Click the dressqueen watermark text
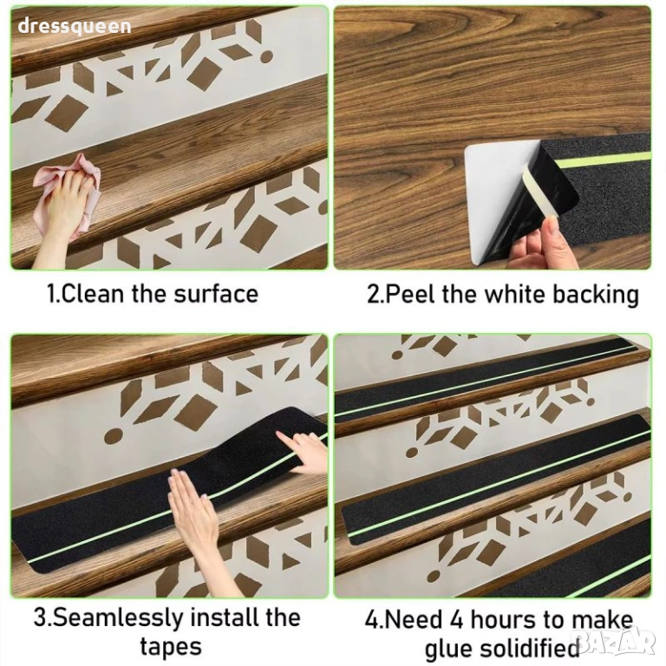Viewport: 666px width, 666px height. pos(75,26)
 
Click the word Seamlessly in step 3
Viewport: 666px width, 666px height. pos(118,618)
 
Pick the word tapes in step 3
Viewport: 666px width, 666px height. pos(171,647)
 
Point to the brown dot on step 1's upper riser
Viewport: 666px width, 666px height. pos(266,57)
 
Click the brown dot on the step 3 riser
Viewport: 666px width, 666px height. pos(114,437)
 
